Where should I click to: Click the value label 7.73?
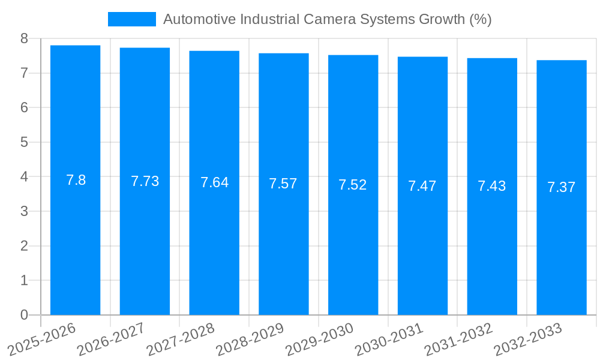click(x=145, y=181)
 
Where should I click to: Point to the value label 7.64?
click(x=214, y=182)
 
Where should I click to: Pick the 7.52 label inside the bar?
click(x=352, y=185)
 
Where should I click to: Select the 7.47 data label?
click(x=422, y=186)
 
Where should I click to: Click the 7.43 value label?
click(x=491, y=186)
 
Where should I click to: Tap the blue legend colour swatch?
click(x=131, y=19)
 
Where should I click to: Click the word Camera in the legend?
click(x=328, y=19)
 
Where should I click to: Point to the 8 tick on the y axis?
click(x=24, y=39)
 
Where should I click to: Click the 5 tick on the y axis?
click(x=24, y=143)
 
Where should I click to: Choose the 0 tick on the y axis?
click(x=24, y=315)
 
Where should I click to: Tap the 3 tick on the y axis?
click(x=24, y=212)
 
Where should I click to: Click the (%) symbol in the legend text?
click(x=480, y=19)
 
